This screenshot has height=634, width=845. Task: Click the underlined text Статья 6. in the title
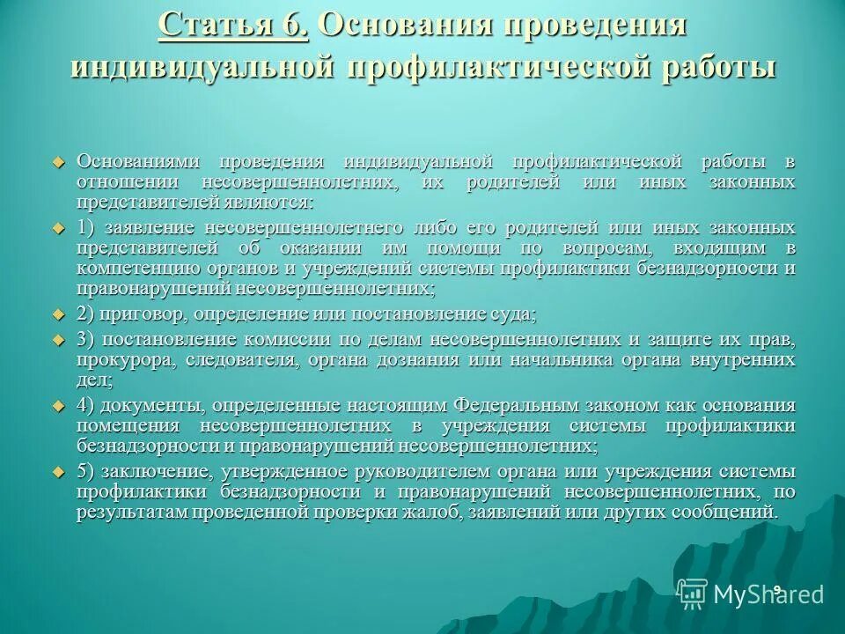pyautogui.click(x=233, y=24)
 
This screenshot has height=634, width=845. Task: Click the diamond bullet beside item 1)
pyautogui.click(x=59, y=228)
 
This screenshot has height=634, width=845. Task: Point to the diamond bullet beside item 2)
pyautogui.click(x=59, y=314)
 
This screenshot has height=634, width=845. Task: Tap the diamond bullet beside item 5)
pyautogui.click(x=59, y=471)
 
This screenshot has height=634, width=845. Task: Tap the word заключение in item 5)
pyautogui.click(x=154, y=471)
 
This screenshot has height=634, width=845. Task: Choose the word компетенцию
pyautogui.click(x=135, y=268)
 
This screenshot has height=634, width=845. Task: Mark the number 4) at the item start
pyautogui.click(x=86, y=405)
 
